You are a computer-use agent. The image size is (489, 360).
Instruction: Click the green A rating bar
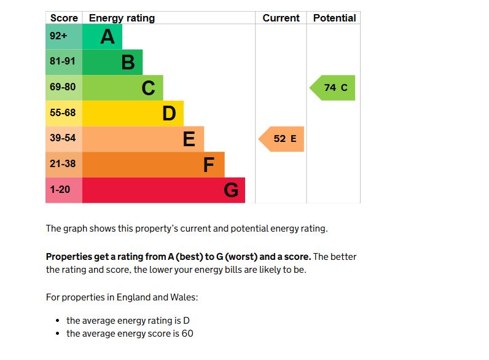pyautogui.click(x=102, y=37)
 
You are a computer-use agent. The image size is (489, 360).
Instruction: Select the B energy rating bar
pyautogui.click(x=112, y=62)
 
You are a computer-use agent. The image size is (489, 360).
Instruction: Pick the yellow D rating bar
pyautogui.click(x=132, y=114)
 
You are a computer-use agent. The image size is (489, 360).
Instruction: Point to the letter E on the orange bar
pyautogui.click(x=189, y=139)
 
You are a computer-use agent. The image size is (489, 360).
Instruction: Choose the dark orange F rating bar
pyautogui.click(x=153, y=165)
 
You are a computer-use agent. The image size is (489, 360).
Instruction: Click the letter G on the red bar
pyautogui.click(x=231, y=190)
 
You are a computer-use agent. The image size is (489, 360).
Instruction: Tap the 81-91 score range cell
pyautogui.click(x=63, y=62)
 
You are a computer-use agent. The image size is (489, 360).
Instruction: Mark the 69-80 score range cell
pyautogui.click(x=63, y=88)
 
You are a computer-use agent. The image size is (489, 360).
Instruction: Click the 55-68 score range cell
pyautogui.click(x=63, y=114)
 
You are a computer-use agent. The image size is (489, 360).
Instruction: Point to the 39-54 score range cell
pyautogui.click(x=63, y=139)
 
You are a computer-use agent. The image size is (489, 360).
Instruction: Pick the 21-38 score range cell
pyautogui.click(x=63, y=165)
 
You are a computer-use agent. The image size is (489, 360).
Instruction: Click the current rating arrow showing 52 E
pyautogui.click(x=283, y=139)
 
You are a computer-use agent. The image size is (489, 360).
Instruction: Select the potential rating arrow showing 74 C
pyautogui.click(x=334, y=88)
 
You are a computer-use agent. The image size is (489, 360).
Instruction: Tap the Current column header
pyautogui.click(x=281, y=18)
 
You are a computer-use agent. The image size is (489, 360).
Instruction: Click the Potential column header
pyautogui.click(x=334, y=18)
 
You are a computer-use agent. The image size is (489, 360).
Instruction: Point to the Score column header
pyautogui.click(x=64, y=18)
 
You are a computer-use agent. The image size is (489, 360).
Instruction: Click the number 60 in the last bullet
pyautogui.click(x=187, y=334)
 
